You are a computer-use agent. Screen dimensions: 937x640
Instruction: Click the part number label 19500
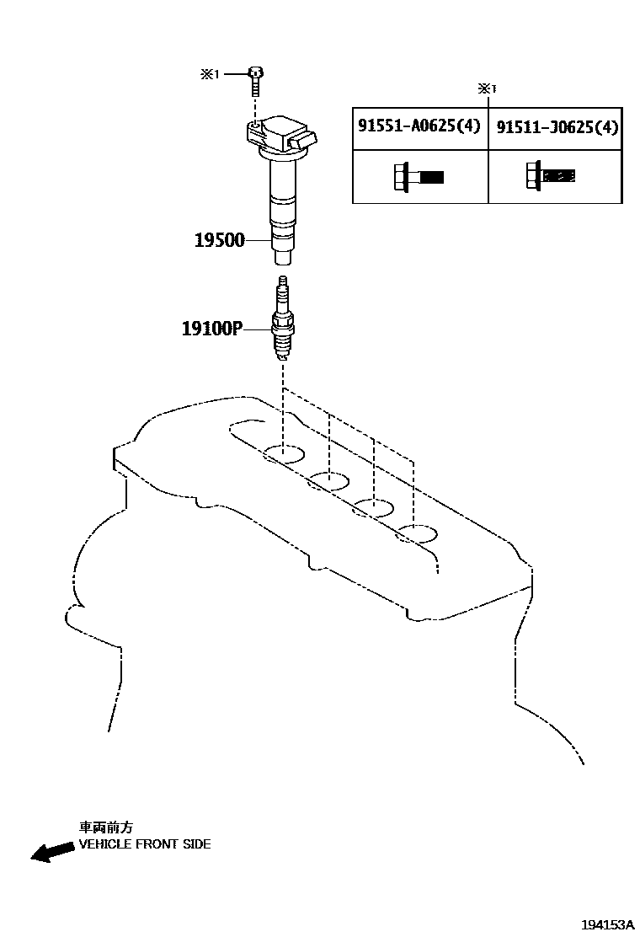[220, 240]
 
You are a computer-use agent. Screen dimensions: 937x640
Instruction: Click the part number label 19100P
[211, 328]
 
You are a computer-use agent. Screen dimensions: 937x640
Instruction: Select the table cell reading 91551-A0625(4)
[419, 126]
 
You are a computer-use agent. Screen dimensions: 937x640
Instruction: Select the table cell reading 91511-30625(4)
[557, 127]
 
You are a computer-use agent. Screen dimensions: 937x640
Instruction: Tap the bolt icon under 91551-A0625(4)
[418, 177]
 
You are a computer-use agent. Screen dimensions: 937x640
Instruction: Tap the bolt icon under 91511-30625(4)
[551, 175]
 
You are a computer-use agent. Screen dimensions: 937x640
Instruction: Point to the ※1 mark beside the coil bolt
[209, 74]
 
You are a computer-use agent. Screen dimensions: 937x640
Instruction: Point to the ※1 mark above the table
[488, 88]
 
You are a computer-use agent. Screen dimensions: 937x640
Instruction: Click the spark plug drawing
[284, 324]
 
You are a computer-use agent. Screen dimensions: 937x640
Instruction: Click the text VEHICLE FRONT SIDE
[145, 843]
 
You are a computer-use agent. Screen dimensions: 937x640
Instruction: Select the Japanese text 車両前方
[105, 827]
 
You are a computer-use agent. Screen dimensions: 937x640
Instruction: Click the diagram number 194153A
[605, 924]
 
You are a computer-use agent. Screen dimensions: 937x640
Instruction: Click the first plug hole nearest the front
[284, 455]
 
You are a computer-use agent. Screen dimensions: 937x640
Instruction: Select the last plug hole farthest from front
[418, 533]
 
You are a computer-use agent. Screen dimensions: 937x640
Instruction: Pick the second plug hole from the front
[328, 481]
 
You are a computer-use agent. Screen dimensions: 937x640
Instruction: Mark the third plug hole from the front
[373, 507]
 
